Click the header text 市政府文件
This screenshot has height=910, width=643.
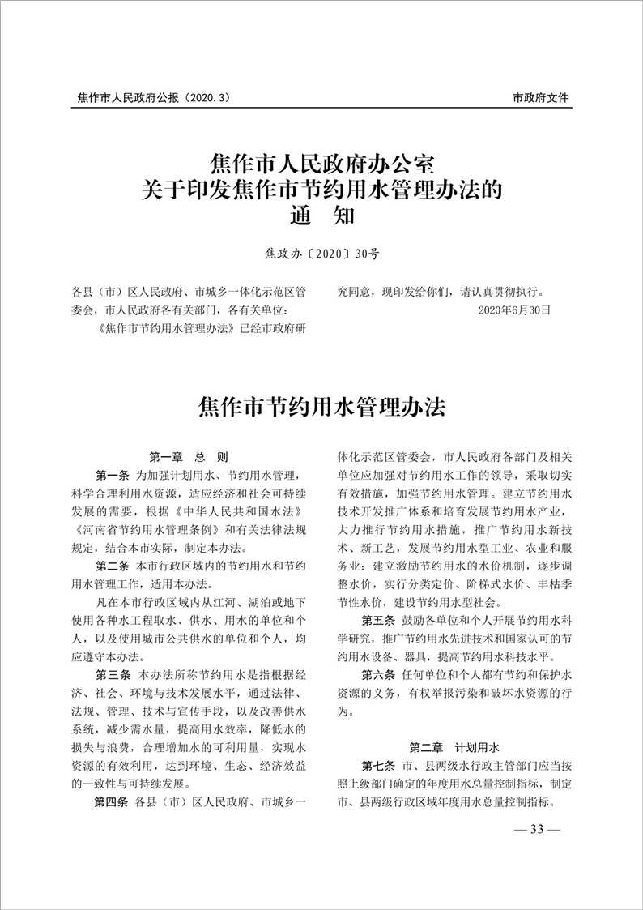coord(541,98)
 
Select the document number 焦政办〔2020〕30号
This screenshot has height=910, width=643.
coord(321,254)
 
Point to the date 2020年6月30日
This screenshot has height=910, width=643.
coord(514,310)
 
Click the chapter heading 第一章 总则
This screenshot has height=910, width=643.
coord(190,456)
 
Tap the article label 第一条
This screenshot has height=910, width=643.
coord(112,474)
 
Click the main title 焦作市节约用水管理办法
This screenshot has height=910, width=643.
coord(321,405)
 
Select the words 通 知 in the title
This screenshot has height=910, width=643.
coord(321,217)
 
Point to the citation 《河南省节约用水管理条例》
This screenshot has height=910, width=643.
coord(140,528)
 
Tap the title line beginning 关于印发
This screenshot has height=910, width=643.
coord(321,191)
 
